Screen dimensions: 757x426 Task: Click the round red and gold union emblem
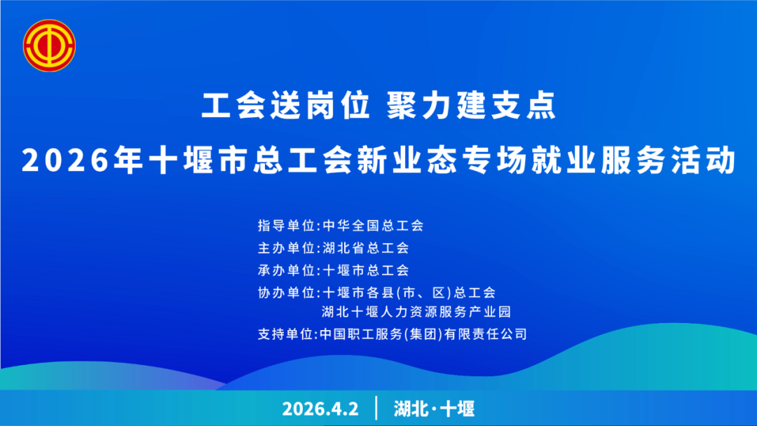[49, 46]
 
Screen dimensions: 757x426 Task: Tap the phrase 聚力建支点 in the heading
[472, 106]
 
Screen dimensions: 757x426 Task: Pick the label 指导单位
[286, 226]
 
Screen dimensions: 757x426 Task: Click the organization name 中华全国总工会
[373, 226]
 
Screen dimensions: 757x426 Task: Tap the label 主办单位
[286, 248]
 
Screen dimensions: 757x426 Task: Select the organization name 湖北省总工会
[365, 248]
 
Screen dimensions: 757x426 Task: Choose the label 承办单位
[286, 270]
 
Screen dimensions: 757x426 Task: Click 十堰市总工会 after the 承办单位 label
[365, 270]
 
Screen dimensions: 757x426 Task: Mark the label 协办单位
[286, 293]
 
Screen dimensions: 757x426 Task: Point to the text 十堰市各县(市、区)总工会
[409, 293]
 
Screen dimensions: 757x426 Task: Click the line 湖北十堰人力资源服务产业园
[416, 312]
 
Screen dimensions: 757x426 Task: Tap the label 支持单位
[286, 334]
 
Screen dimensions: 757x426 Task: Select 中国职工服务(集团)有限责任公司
[423, 334]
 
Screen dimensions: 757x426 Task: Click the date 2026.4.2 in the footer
[320, 409]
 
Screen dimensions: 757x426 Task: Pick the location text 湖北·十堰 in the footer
[434, 409]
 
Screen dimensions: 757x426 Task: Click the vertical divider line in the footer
[376, 408]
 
